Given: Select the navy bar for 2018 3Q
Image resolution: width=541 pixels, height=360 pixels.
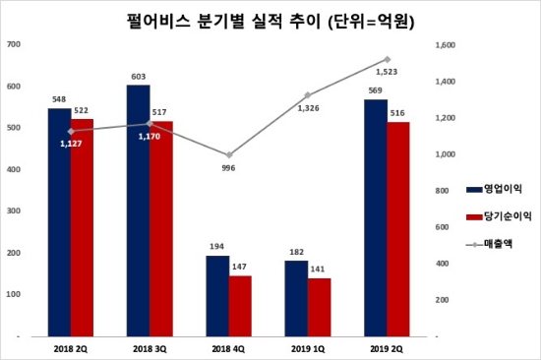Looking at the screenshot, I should click(x=139, y=210).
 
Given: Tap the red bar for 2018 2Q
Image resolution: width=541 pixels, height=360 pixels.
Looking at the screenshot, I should click(x=83, y=227).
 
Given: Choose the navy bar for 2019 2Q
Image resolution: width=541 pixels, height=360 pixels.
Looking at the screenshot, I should click(x=376, y=217).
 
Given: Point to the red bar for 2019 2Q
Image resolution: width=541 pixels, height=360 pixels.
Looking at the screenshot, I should click(x=398, y=228).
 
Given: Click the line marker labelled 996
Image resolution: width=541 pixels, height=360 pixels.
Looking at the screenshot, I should click(x=227, y=154).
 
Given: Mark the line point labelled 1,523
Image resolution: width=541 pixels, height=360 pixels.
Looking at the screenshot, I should click(x=387, y=59).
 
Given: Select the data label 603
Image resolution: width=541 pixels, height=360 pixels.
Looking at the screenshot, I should click(x=139, y=77).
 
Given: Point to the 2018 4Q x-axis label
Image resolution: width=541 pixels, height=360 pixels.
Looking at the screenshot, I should click(x=227, y=346).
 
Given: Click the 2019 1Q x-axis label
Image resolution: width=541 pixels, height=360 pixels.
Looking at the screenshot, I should click(x=307, y=346).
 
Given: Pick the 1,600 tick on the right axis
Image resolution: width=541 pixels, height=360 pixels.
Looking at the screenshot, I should click(x=444, y=44).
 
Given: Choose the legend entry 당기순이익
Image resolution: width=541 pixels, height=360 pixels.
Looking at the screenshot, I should click(x=489, y=214).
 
